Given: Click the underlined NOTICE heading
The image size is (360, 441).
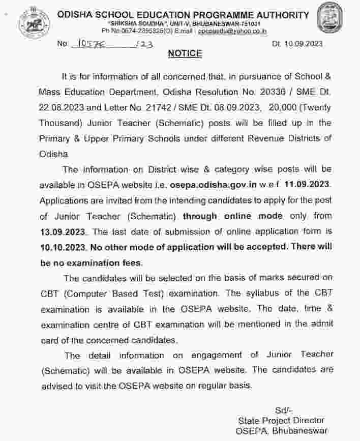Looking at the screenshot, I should tap(185, 53).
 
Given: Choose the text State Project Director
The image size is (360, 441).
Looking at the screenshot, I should tap(281, 420).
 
